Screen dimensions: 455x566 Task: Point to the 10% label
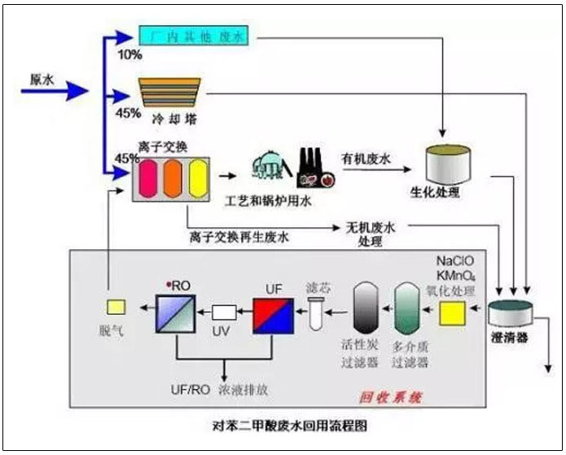tap(129, 55)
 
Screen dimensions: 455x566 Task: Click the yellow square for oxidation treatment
tap(451, 313)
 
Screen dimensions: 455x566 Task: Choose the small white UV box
tap(224, 312)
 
